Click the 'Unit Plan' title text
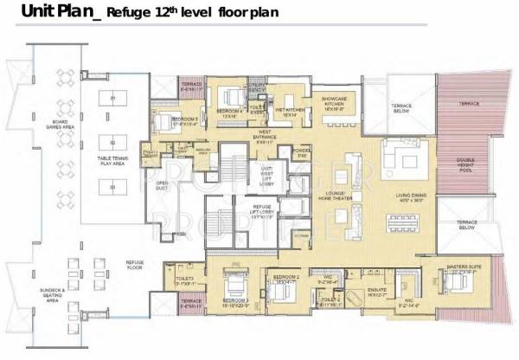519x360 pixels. [x=43, y=11]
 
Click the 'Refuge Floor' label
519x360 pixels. [x=134, y=263]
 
